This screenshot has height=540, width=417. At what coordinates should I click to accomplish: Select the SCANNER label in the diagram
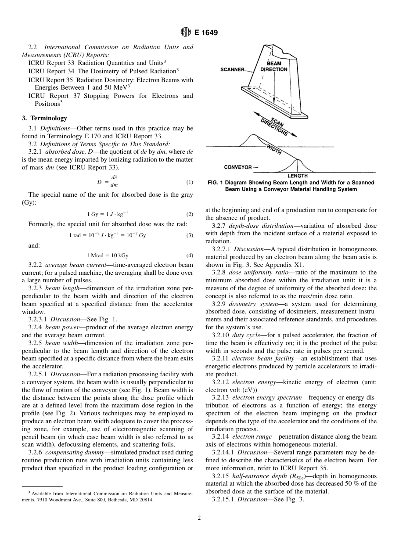(x=232, y=69)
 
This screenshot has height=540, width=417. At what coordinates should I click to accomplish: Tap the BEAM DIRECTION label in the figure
(x=273, y=66)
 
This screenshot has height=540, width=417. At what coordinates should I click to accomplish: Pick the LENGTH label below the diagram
(x=297, y=176)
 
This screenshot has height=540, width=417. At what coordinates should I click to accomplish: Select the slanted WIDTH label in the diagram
(x=274, y=149)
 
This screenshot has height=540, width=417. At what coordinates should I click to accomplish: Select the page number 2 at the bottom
(x=199, y=518)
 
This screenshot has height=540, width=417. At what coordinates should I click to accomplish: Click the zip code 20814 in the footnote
(x=146, y=500)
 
